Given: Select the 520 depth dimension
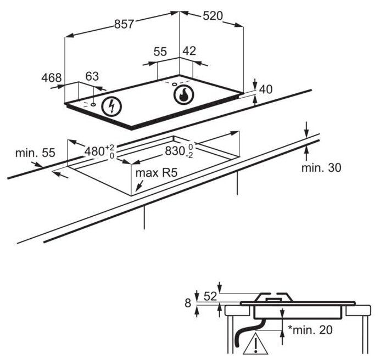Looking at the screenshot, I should click(212, 16).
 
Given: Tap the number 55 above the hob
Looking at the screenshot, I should click(160, 52).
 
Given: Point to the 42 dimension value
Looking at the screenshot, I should click(188, 51).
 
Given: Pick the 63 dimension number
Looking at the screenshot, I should click(92, 76).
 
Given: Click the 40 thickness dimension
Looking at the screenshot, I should click(266, 89).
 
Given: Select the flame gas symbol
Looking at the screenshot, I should click(183, 95).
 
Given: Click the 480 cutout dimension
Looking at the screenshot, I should click(97, 150).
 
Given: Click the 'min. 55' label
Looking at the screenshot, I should click(35, 153).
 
